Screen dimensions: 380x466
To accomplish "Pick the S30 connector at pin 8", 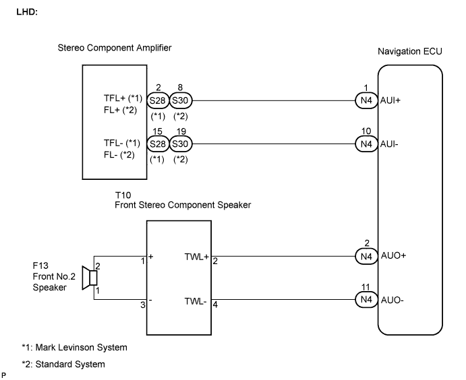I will click(x=180, y=100).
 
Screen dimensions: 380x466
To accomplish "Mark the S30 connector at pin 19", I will click(x=180, y=144).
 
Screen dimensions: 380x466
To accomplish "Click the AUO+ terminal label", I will click(x=393, y=255).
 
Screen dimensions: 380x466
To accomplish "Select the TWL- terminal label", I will click(x=196, y=300).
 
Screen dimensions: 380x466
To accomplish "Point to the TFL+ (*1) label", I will click(x=117, y=98).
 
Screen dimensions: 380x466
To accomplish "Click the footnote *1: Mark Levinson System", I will click(x=74, y=348).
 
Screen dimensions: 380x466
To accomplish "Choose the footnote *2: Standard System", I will click(x=63, y=365).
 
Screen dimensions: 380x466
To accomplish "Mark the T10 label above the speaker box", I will click(x=123, y=193).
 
